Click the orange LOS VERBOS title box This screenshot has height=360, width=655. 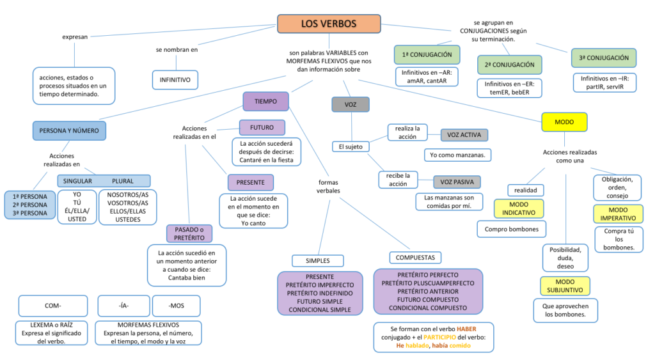click(329, 24)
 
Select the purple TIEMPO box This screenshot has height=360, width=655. click(265, 102)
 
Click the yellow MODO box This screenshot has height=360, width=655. click(564, 121)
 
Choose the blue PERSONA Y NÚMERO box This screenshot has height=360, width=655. click(69, 130)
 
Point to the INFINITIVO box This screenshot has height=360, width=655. click(175, 80)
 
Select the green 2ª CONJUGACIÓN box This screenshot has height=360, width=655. click(509, 65)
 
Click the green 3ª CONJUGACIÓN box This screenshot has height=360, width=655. click(603, 58)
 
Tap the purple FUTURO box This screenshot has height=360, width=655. click(262, 127)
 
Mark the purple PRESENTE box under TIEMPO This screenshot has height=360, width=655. click(250, 182)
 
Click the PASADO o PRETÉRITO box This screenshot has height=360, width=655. click(189, 233)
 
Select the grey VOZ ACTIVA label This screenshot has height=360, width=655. click(464, 135)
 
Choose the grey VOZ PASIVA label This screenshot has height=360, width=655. click(457, 182)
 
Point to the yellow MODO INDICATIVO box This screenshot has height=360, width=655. click(519, 208)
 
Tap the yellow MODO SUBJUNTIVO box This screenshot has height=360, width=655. click(565, 286)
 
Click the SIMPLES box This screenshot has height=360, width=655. click(318, 260)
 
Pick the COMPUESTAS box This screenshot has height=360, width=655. click(416, 257)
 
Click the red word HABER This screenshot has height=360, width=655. click(466, 328)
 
